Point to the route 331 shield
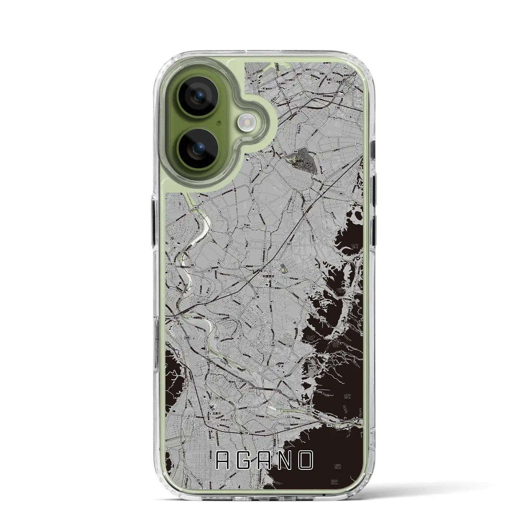[185, 388]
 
